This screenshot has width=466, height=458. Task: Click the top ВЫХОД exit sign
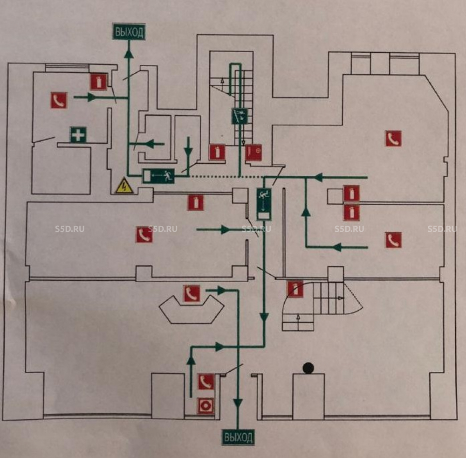[129, 32]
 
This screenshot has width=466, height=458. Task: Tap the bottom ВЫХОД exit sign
[238, 437]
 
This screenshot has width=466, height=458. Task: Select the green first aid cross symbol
[78, 134]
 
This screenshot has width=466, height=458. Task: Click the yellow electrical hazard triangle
[124, 186]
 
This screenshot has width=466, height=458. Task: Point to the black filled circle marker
[308, 368]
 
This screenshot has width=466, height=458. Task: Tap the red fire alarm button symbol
[206, 406]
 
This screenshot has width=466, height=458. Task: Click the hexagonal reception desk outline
[192, 309]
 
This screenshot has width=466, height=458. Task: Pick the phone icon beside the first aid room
[59, 100]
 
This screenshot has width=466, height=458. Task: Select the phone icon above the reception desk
[192, 293]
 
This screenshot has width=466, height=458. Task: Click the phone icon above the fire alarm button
[206, 382]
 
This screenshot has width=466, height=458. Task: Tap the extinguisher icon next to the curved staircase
[295, 289]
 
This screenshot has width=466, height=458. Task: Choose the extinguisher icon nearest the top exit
[99, 82]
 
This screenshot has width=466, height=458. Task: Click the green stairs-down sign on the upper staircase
[240, 116]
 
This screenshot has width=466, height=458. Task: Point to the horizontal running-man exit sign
[158, 176]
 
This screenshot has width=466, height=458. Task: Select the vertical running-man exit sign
[264, 204]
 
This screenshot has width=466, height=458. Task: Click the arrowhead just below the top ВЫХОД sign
[129, 54]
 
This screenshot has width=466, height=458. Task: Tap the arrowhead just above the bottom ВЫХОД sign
[238, 403]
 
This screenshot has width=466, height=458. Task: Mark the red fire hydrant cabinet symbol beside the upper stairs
[254, 153]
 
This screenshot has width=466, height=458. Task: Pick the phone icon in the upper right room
[393, 139]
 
